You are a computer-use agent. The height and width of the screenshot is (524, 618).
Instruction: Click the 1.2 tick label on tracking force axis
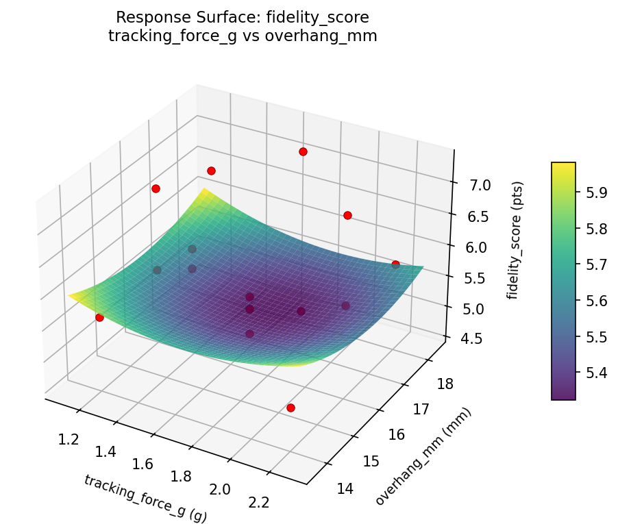pyautogui.click(x=68, y=439)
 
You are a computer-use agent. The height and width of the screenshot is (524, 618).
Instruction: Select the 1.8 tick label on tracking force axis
pyautogui.click(x=182, y=477)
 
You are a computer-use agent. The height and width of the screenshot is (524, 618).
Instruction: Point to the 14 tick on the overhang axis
pyautogui.click(x=347, y=488)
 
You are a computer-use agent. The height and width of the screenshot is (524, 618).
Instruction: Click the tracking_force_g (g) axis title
pyautogui.click(x=145, y=499)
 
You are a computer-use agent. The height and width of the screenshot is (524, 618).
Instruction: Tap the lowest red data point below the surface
pyautogui.click(x=291, y=408)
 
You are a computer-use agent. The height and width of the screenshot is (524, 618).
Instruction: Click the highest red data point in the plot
pyautogui.click(x=303, y=151)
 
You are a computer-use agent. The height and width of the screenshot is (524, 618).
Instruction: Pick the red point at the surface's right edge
pyautogui.click(x=395, y=264)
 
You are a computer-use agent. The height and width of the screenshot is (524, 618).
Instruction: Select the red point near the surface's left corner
pyautogui.click(x=99, y=317)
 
